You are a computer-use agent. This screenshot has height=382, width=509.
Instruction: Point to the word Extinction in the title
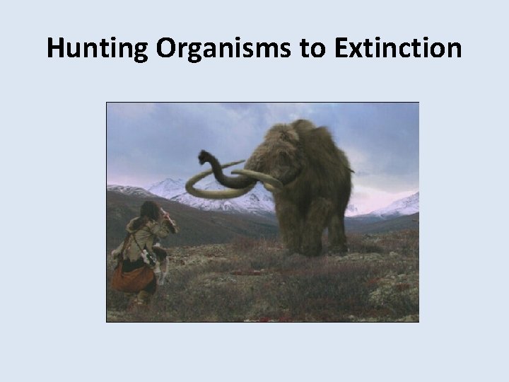[394, 49]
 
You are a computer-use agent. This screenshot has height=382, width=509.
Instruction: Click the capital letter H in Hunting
[55, 49]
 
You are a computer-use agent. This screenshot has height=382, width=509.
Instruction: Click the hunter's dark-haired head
[151, 211]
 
